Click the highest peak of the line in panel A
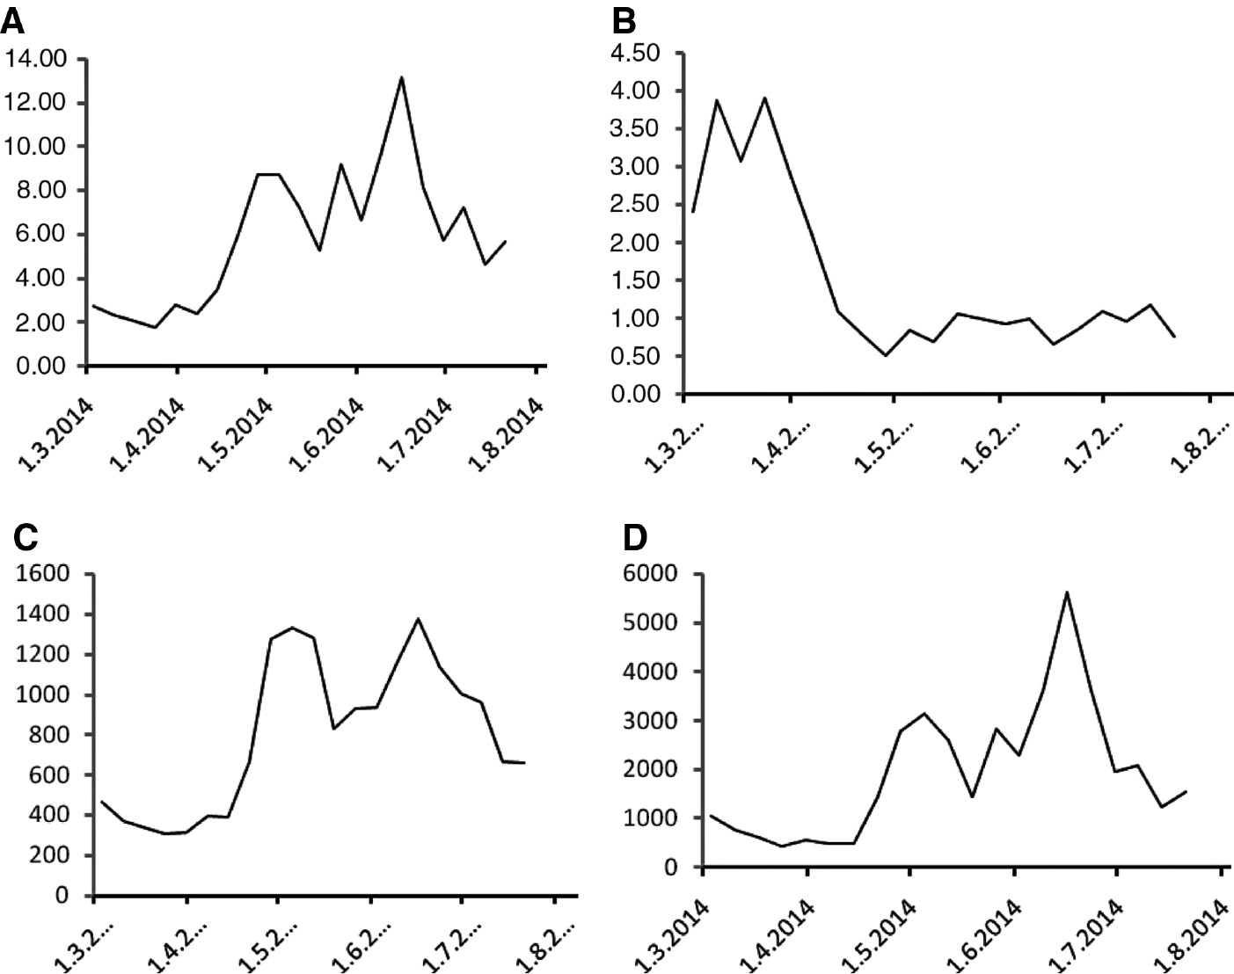[x=401, y=77]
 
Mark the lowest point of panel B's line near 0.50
[x=886, y=355]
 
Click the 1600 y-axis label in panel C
[x=44, y=574]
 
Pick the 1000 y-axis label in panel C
[x=44, y=694]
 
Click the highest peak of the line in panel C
[x=418, y=619]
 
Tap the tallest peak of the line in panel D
[x=1067, y=592]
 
